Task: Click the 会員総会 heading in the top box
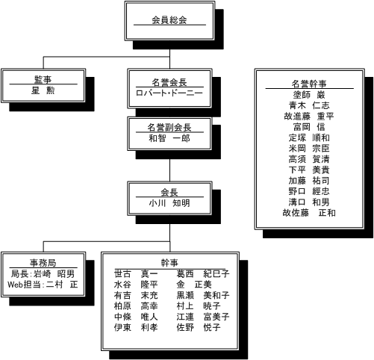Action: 169,20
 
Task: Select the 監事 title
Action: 43,80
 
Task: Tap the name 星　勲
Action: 43,90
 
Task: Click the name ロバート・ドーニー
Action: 169,93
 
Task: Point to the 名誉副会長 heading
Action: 169,128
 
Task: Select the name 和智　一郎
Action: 169,138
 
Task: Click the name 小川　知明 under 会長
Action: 169,203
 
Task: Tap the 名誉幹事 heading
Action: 309,84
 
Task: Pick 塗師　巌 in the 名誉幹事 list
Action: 309,95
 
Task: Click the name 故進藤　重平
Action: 309,116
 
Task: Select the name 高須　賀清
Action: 309,159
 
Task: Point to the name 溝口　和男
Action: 309,202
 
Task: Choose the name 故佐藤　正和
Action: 309,213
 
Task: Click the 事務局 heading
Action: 43,263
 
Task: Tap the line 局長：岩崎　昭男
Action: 43,274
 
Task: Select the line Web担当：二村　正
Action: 43,285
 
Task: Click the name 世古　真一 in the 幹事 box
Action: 136,273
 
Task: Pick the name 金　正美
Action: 194,285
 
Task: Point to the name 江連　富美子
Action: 203,317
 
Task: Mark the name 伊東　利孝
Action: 136,327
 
